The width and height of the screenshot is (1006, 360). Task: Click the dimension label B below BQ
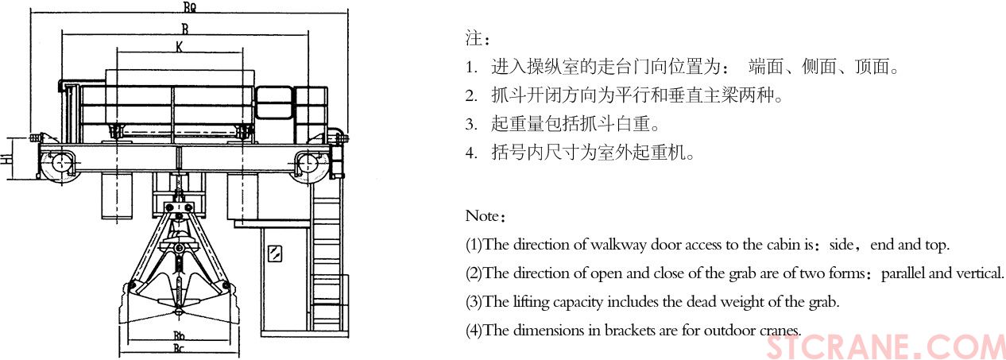click(184, 28)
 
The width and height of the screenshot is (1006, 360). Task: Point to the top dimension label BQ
click(190, 8)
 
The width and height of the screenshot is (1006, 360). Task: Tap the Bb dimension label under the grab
click(180, 335)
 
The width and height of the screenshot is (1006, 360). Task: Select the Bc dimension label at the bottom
click(180, 347)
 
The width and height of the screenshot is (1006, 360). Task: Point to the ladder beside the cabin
click(327, 254)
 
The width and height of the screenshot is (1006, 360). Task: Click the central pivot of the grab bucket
click(180, 249)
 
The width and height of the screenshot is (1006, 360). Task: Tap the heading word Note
click(481, 216)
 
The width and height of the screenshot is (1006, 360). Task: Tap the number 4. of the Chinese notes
click(471, 153)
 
